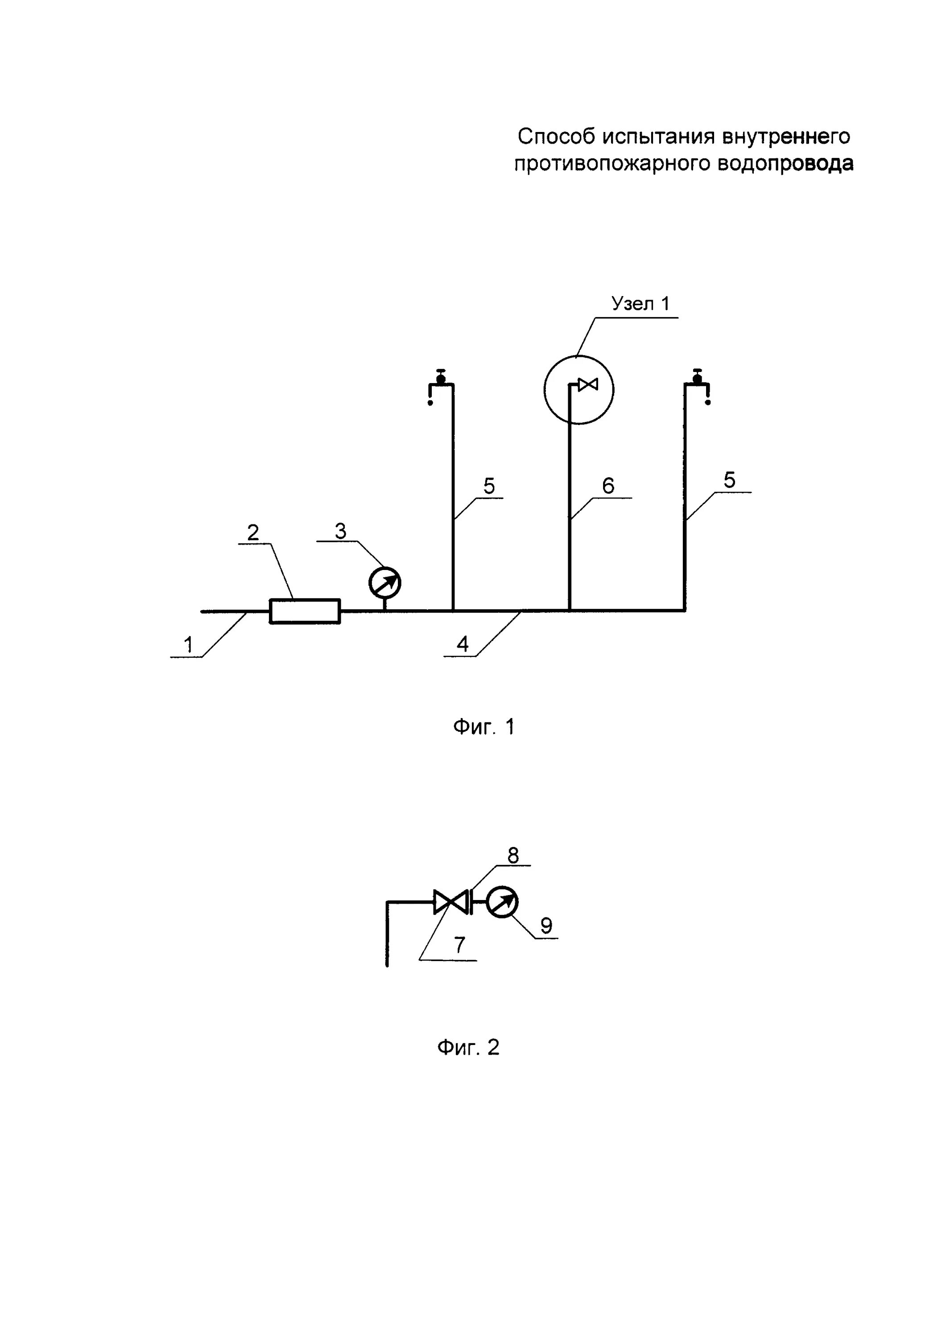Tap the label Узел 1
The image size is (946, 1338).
tap(640, 304)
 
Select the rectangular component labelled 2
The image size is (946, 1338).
tap(304, 611)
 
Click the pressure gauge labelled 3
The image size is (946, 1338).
tap(385, 583)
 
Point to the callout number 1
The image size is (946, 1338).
tap(188, 645)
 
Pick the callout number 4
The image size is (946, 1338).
tap(462, 644)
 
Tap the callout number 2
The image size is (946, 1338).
tap(253, 533)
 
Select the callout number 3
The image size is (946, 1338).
tap(340, 531)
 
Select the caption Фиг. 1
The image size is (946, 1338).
tap(484, 727)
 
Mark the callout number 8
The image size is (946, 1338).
tap(513, 855)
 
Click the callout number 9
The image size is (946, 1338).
tap(546, 925)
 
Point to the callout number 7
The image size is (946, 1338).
tap(460, 945)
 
